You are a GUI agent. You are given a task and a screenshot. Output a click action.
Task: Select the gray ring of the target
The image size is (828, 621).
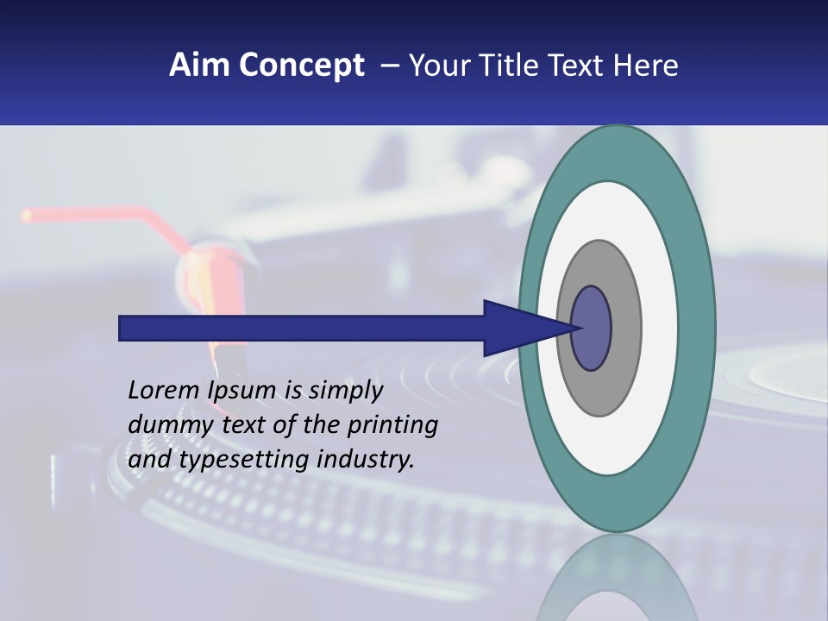tap(624, 329)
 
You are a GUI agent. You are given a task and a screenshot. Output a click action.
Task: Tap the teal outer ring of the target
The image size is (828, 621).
tap(697, 329)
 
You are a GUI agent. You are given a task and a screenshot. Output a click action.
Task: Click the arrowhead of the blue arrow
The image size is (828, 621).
tap(517, 329)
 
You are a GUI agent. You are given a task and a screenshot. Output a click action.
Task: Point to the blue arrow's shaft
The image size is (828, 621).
tap(302, 329)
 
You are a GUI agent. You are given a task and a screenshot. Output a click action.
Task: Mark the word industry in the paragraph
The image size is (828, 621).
tap(366, 460)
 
